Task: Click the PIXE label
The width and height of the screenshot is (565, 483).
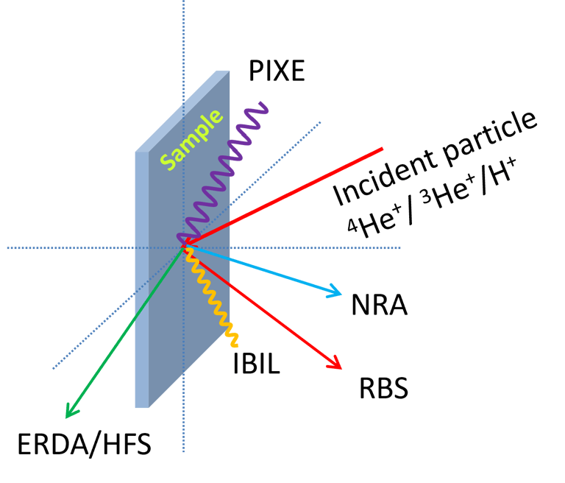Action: pos(276,71)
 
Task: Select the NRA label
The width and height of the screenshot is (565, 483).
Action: pos(380,303)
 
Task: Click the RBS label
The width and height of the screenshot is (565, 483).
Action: pos(383,388)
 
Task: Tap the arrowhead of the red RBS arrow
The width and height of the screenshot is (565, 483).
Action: pos(335,362)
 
